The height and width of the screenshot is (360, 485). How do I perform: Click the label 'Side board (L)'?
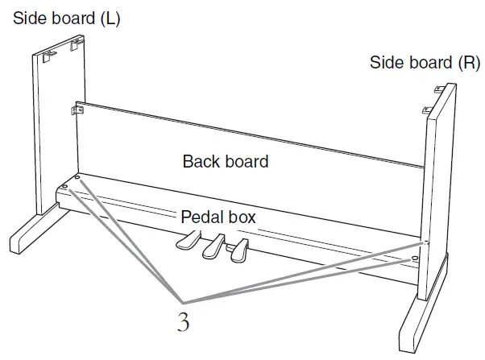pyautogui.click(x=66, y=19)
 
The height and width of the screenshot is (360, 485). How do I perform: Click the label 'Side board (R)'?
pyautogui.click(x=425, y=62)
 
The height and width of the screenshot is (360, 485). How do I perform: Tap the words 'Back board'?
pyautogui.click(x=226, y=161)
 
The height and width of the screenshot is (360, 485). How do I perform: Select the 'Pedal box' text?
pyautogui.click(x=220, y=217)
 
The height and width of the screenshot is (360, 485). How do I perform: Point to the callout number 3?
pyautogui.click(x=184, y=323)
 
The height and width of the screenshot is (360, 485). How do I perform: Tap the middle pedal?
pyautogui.click(x=213, y=246)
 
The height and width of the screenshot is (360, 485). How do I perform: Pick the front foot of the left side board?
pyautogui.click(x=28, y=239)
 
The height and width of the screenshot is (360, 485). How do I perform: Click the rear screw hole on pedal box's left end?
pyautogui.click(x=78, y=176)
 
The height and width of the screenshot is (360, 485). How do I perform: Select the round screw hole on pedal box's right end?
pyautogui.click(x=414, y=258)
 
